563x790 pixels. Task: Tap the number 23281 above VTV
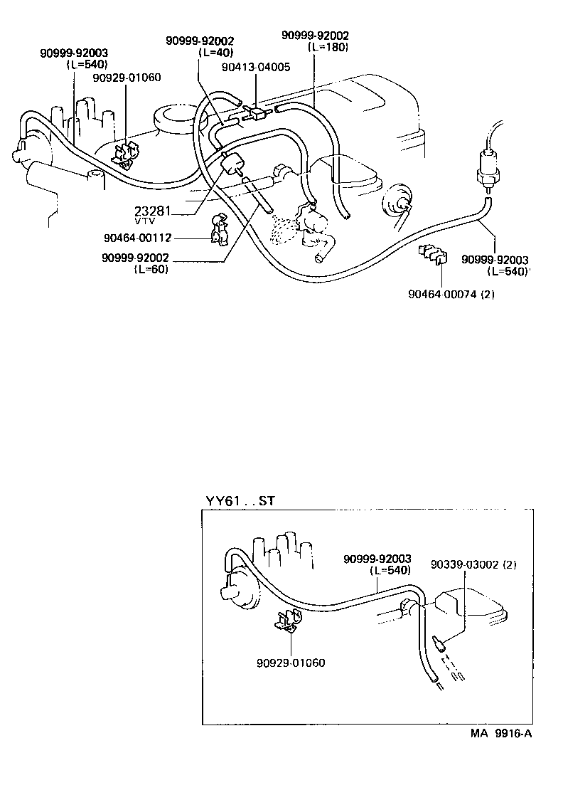152,211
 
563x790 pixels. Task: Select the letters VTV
144,221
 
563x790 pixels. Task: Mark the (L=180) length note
328,46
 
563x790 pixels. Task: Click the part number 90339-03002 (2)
473,564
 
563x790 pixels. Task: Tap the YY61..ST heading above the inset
240,500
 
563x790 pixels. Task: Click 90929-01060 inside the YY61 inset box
291,663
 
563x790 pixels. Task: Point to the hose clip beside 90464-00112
220,229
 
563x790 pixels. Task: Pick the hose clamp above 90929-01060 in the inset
288,623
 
